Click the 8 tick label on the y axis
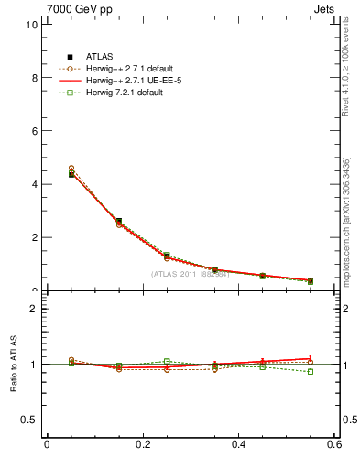coord(34,78)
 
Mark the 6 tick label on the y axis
coord(34,131)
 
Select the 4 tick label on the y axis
coord(34,184)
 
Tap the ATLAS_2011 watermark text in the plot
coord(189,274)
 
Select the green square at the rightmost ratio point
coord(310,371)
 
